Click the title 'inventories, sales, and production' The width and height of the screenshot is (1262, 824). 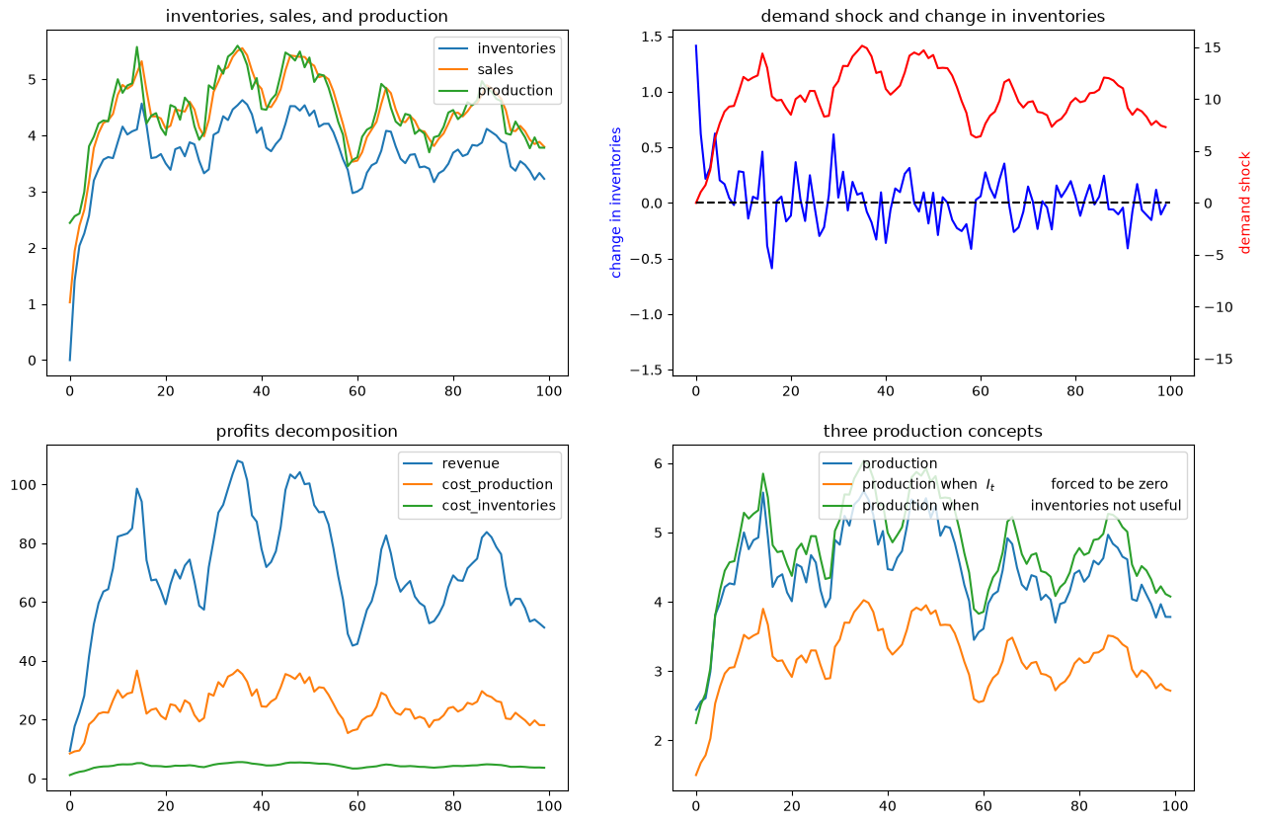pyautogui.click(x=306, y=17)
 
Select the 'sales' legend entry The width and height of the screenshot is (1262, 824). pyautogui.click(x=495, y=69)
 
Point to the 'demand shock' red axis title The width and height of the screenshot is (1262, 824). pyautogui.click(x=1245, y=203)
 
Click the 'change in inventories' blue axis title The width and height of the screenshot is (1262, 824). pyautogui.click(x=616, y=203)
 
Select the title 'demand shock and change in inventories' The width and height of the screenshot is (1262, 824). pyautogui.click(x=932, y=17)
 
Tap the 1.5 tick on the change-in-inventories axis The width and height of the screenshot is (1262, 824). pyautogui.click(x=653, y=38)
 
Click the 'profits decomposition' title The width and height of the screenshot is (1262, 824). pyautogui.click(x=306, y=431)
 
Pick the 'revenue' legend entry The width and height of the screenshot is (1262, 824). pyautogui.click(x=470, y=463)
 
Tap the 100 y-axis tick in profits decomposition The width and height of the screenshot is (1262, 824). pyautogui.click(x=23, y=485)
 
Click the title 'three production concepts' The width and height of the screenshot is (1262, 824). pyautogui.click(x=932, y=431)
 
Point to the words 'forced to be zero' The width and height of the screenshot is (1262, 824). pyautogui.click(x=1109, y=484)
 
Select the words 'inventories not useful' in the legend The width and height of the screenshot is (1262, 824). pyautogui.click(x=1105, y=506)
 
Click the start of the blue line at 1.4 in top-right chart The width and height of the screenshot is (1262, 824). pyautogui.click(x=696, y=45)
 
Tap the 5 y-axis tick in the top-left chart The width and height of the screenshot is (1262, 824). pyautogui.click(x=33, y=79)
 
